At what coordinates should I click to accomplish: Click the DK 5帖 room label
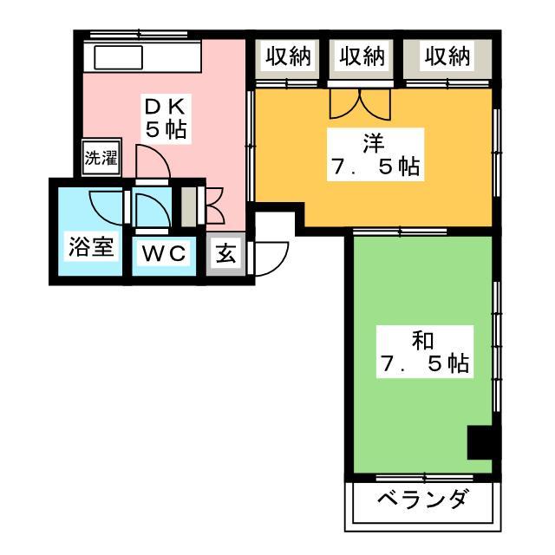(x=166, y=119)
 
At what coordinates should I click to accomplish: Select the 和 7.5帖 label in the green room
(x=424, y=351)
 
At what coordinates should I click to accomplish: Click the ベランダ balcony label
(x=424, y=499)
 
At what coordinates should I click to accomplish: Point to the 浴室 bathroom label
(x=91, y=246)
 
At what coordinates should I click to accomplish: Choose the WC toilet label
(x=164, y=252)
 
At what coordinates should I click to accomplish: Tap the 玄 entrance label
(x=225, y=253)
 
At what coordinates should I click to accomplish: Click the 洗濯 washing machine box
(x=101, y=157)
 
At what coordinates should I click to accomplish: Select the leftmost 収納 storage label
(x=288, y=55)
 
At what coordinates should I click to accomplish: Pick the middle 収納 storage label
(x=362, y=55)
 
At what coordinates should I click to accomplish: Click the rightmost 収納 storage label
(x=447, y=55)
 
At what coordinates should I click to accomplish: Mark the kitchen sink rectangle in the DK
(x=118, y=57)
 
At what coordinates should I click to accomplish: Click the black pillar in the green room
(x=480, y=442)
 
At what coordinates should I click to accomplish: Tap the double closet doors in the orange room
(x=360, y=103)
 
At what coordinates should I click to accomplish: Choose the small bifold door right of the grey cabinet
(x=214, y=206)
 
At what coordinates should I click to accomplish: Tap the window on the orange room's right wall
(x=497, y=153)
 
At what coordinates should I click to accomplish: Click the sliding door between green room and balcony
(x=424, y=479)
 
